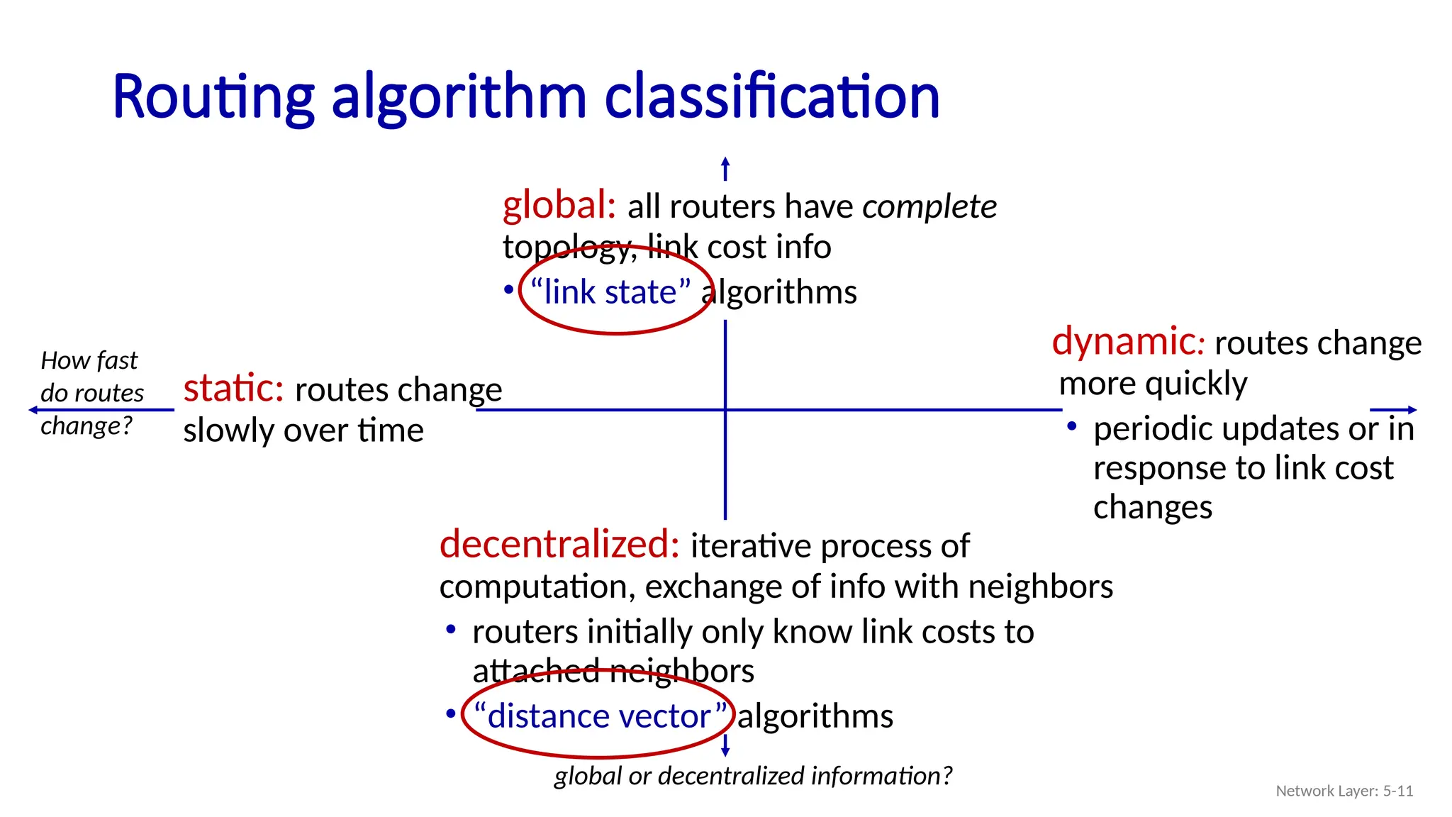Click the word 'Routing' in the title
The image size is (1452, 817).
(213, 97)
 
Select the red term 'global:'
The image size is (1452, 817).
(559, 206)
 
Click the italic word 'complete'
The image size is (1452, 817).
(929, 207)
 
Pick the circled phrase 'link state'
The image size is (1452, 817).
(610, 292)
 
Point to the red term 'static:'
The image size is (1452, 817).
(233, 389)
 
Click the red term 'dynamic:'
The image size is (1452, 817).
(1127, 342)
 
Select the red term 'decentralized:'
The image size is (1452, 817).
(559, 545)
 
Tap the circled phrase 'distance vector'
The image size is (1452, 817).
(599, 716)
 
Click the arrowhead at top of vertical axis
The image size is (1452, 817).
(725, 162)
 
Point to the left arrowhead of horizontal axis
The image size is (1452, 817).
(33, 410)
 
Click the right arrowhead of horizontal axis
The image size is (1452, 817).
(1412, 410)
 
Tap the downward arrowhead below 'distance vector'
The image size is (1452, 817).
(725, 752)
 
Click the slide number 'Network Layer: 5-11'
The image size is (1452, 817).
(1344, 791)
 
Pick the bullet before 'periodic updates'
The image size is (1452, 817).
(1072, 427)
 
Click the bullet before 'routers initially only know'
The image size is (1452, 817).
(450, 630)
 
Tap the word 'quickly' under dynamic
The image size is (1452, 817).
(1196, 384)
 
